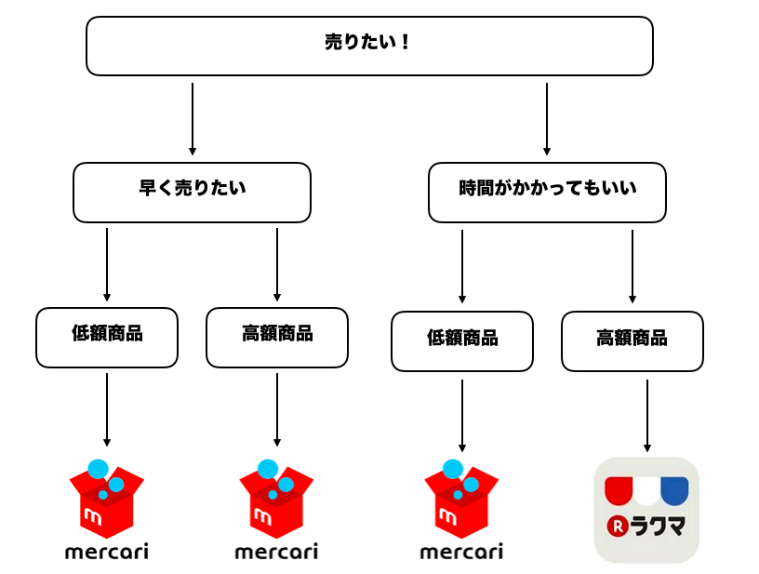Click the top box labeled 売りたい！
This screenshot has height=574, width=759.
(x=369, y=46)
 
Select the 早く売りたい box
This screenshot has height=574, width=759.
(x=192, y=193)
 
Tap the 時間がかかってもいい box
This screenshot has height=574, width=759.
(x=547, y=193)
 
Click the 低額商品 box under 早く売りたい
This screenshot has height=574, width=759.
(x=107, y=338)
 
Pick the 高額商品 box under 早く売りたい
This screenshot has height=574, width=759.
(x=277, y=338)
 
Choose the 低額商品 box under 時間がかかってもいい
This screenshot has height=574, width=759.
(x=462, y=341)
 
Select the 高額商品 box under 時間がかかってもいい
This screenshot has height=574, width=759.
(x=632, y=341)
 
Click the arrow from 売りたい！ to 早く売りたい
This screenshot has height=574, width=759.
(x=193, y=119)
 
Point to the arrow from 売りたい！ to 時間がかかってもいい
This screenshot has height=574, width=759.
(x=547, y=119)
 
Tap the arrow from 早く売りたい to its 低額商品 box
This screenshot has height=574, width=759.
(x=107, y=265)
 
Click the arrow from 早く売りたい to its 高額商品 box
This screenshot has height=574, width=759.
(x=277, y=265)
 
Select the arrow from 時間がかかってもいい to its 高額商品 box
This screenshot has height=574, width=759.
(x=632, y=267)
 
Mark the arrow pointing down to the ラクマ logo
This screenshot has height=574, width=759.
(x=647, y=416)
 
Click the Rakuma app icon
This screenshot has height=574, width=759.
(x=646, y=510)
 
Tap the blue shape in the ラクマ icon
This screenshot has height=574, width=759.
(x=674, y=490)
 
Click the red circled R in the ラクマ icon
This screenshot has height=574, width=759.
(x=618, y=527)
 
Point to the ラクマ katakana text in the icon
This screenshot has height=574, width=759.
(x=658, y=527)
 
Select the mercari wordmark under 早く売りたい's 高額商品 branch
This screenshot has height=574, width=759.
(x=276, y=552)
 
